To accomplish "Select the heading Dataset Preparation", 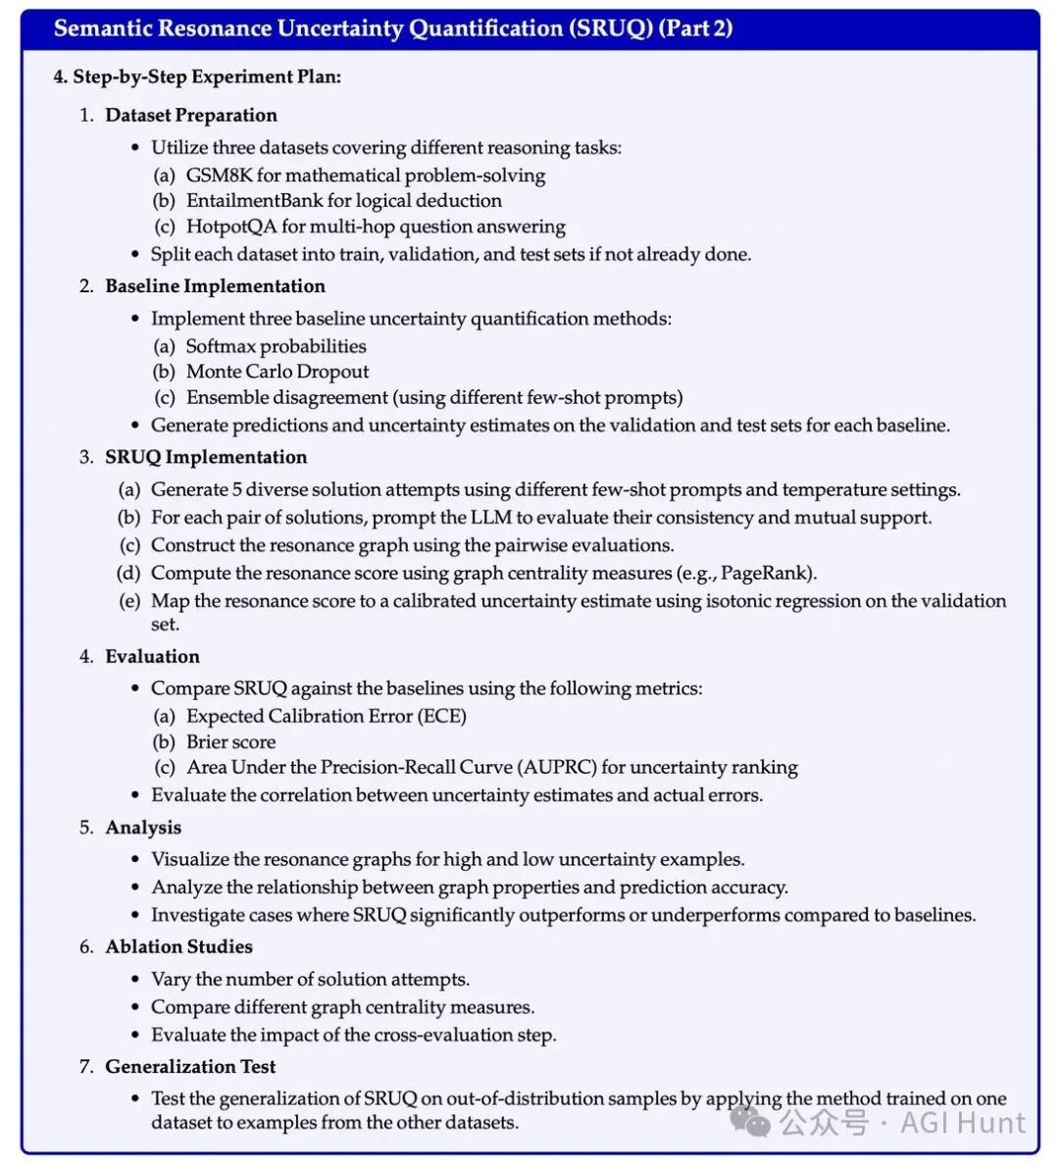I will tap(191, 115).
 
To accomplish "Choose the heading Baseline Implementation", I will tap(215, 286).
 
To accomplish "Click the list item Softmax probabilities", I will tap(276, 346).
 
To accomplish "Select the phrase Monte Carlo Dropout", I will tap(277, 372).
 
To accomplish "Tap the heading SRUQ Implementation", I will tap(206, 457).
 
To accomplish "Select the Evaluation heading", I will tap(152, 656).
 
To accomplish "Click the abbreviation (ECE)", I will tap(441, 716).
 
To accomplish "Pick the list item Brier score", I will tap(230, 741).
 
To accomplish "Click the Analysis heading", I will tap(143, 828).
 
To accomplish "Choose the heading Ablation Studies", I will tap(178, 946).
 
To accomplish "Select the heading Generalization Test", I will tap(190, 1066).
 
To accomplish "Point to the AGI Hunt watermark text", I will tap(963, 1122).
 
